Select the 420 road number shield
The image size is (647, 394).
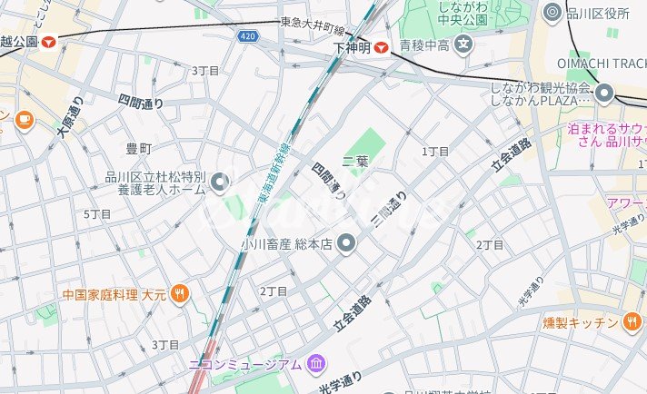click(249, 36)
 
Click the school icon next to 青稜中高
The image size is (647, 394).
click(464, 43)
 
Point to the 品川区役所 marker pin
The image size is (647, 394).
click(551, 12)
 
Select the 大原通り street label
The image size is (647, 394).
click(69, 118)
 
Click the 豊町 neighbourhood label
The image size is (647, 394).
click(139, 147)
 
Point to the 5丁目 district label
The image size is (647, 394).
click(97, 214)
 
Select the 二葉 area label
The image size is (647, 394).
click(355, 162)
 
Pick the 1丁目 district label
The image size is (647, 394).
click(435, 152)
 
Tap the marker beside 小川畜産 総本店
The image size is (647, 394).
click(346, 242)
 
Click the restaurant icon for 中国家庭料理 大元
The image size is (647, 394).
click(180, 294)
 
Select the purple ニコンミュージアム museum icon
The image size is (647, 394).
click(315, 364)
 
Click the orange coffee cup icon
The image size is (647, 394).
click(22, 118)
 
